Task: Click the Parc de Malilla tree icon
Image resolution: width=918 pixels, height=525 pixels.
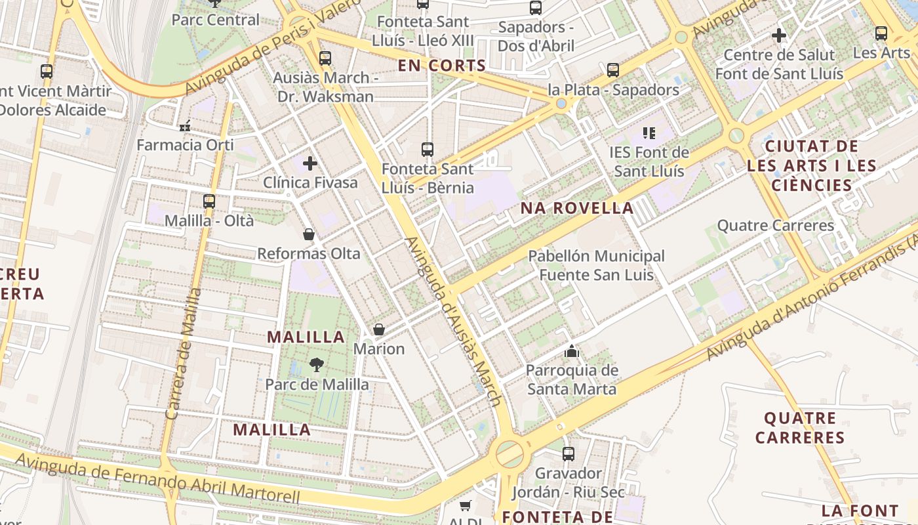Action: click(317, 365)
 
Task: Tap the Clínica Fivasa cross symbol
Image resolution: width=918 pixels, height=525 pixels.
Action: click(310, 163)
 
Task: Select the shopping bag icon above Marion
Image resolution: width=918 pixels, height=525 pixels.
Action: click(379, 329)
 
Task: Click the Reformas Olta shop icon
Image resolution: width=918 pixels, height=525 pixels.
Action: click(309, 234)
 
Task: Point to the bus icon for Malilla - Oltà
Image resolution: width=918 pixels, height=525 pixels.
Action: click(209, 201)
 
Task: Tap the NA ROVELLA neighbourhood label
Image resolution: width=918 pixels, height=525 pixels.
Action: click(577, 209)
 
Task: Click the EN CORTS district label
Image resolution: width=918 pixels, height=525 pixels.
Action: click(442, 66)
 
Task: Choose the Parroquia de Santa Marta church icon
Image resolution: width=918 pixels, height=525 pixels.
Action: click(572, 352)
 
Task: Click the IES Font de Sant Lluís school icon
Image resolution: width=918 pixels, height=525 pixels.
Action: click(649, 134)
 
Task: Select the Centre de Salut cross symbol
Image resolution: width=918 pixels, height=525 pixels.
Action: click(779, 35)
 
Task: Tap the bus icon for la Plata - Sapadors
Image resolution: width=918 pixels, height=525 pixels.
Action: click(613, 70)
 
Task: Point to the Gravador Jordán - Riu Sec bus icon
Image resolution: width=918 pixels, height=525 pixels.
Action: click(569, 453)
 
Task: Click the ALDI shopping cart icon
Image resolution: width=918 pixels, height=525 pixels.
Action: click(466, 505)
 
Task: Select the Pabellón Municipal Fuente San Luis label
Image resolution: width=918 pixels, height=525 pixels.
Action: click(596, 265)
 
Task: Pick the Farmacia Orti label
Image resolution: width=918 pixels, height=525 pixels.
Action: click(185, 144)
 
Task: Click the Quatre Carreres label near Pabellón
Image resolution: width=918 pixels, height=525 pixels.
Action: click(775, 226)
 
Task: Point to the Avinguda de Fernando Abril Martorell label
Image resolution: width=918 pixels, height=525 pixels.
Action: click(157, 480)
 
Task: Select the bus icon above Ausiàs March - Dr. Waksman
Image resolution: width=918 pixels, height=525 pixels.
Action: click(325, 58)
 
